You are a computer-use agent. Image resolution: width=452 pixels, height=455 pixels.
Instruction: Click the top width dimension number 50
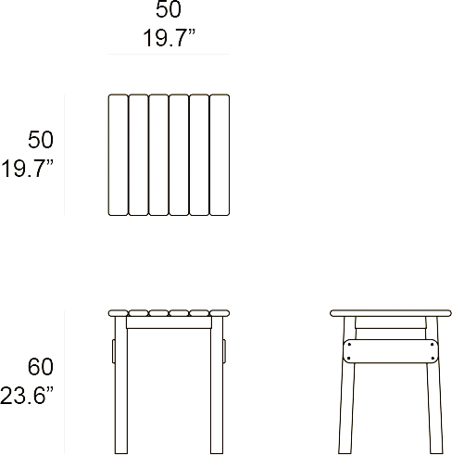click(x=169, y=9)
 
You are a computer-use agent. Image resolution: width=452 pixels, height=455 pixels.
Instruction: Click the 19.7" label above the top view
click(x=169, y=38)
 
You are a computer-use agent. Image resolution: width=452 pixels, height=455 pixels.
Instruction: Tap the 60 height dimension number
click(x=41, y=367)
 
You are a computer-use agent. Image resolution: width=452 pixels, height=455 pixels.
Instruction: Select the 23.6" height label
click(x=27, y=396)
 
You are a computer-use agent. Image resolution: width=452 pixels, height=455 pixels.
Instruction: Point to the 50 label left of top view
click(x=41, y=140)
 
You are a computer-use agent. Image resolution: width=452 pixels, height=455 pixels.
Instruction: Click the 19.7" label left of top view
click(x=27, y=169)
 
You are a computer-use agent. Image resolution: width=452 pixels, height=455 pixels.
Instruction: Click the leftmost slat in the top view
click(x=118, y=155)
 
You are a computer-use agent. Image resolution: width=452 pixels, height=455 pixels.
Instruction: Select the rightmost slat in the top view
click(x=220, y=155)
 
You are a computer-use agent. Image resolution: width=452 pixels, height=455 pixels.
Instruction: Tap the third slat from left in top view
click(x=158, y=155)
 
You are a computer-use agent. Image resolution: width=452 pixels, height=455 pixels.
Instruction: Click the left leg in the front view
click(x=121, y=385)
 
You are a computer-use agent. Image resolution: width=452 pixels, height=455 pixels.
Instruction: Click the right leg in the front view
click(x=217, y=385)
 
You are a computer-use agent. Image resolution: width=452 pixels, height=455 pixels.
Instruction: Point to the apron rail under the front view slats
click(x=169, y=322)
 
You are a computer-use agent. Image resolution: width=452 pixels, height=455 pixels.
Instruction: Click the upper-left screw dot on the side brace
click(x=349, y=345)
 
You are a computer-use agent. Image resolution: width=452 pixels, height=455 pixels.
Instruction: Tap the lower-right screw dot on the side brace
click(x=432, y=359)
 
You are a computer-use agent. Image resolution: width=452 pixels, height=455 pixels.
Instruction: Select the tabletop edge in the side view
click(x=391, y=313)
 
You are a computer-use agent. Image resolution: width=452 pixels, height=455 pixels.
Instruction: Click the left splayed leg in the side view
click(x=347, y=385)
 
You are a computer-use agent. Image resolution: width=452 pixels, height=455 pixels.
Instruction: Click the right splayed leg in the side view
click(x=434, y=385)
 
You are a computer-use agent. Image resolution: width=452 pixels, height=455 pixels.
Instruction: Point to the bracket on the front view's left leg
click(x=114, y=351)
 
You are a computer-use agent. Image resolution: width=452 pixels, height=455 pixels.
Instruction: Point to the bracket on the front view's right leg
click(x=224, y=351)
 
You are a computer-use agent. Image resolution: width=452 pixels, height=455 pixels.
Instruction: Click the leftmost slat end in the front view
click(x=118, y=313)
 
